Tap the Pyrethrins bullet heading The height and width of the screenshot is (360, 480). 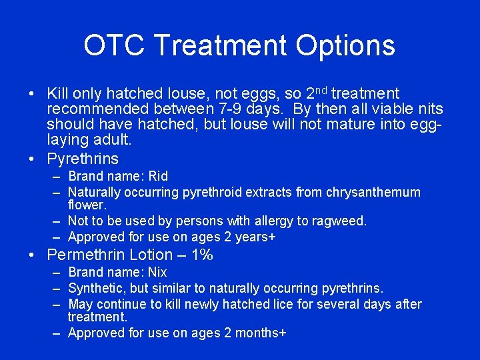(x=83, y=159)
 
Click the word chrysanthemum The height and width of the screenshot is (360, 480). (x=373, y=193)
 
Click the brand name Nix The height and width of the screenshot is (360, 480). (x=157, y=273)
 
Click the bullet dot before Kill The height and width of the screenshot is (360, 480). (x=33, y=94)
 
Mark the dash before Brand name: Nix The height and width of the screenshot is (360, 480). (x=55, y=273)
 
